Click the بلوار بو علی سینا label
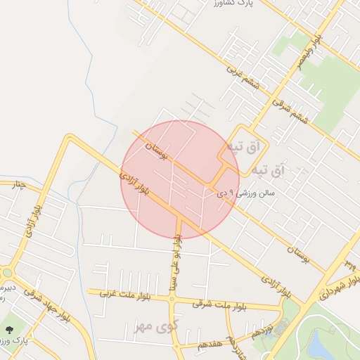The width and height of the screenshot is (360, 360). pos(179,262)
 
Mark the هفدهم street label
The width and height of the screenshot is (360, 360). pos(210,344)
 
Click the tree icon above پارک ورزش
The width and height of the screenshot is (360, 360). pos(9,328)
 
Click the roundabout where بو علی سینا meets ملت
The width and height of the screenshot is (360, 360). pos(172,299)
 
